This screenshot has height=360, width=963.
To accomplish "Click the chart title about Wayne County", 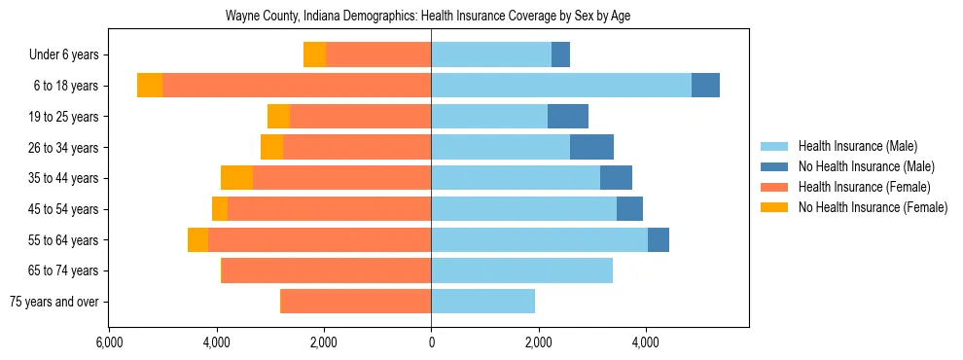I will [429, 17].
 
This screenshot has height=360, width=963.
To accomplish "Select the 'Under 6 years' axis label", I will [69, 55].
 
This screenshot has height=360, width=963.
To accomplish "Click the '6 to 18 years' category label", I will [67, 86].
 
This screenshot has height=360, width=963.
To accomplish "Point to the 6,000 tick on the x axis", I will [109, 342].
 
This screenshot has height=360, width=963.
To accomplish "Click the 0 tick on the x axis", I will [431, 342].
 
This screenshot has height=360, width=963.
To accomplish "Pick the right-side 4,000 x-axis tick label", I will [645, 342].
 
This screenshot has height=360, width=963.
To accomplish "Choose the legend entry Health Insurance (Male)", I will [857, 146].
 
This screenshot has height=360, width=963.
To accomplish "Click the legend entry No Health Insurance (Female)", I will [873, 207].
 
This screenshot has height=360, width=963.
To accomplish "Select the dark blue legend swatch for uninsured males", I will [775, 166].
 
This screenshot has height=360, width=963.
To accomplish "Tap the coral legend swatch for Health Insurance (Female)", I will [775, 187].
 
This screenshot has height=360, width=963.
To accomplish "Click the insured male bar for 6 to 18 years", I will [561, 86].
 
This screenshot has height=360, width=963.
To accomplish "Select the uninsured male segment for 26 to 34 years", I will [591, 148].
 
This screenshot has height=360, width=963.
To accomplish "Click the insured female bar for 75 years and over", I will [355, 302].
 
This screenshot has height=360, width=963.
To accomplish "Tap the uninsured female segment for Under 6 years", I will [314, 55].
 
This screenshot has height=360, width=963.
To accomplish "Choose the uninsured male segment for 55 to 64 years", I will [659, 240].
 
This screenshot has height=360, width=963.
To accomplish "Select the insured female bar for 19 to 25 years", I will [360, 117].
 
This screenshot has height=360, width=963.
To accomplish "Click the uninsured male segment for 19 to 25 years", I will [568, 117].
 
